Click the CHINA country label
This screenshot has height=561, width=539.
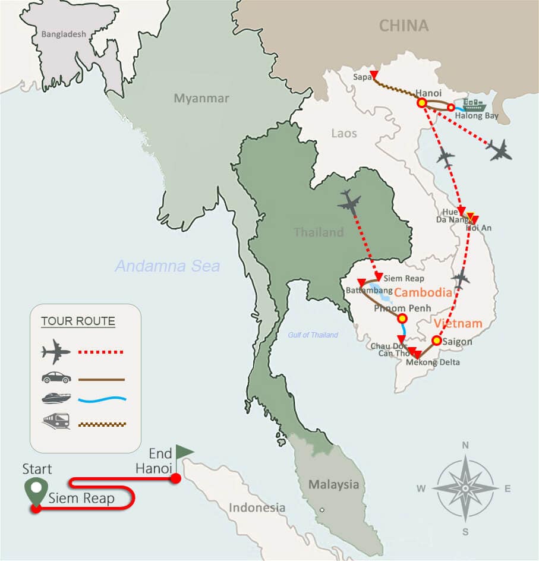(x=404, y=26)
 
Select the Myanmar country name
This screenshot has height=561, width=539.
(x=201, y=99)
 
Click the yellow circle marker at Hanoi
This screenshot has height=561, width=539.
(x=421, y=103)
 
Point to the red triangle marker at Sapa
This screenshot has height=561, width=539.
(x=374, y=75)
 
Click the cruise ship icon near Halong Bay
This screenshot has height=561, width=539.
(x=474, y=106)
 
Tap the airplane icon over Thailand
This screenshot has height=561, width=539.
(x=349, y=202)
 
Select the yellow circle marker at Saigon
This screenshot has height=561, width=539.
(x=436, y=341)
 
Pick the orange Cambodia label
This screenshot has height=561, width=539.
(x=423, y=292)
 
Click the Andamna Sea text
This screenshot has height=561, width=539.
(x=168, y=266)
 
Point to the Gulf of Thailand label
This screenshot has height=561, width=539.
(x=313, y=335)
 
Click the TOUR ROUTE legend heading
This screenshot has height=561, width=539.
(x=78, y=322)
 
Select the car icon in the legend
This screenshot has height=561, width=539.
(x=56, y=377)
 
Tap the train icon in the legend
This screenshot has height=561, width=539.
(x=56, y=421)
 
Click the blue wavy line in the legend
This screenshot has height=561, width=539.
(x=102, y=399)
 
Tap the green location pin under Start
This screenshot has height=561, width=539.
(x=36, y=491)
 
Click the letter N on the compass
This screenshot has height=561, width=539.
(x=465, y=445)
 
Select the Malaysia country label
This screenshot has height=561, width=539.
(x=333, y=484)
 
